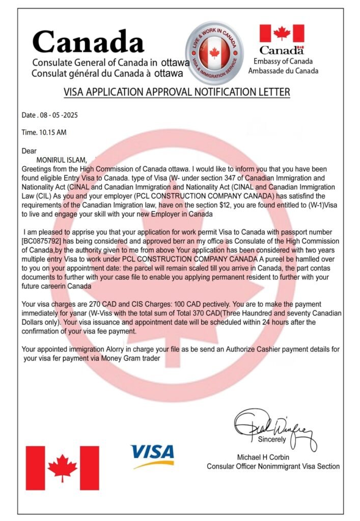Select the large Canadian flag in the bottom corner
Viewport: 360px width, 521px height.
tap(63, 468)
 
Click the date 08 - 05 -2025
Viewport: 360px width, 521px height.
tap(57, 115)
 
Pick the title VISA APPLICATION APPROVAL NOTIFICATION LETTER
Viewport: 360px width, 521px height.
tap(177, 92)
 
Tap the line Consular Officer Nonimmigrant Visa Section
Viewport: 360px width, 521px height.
tap(273, 466)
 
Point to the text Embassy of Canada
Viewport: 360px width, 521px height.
tap(283, 62)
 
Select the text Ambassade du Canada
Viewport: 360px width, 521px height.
tap(283, 71)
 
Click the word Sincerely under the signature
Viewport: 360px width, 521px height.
tap(272, 439)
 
